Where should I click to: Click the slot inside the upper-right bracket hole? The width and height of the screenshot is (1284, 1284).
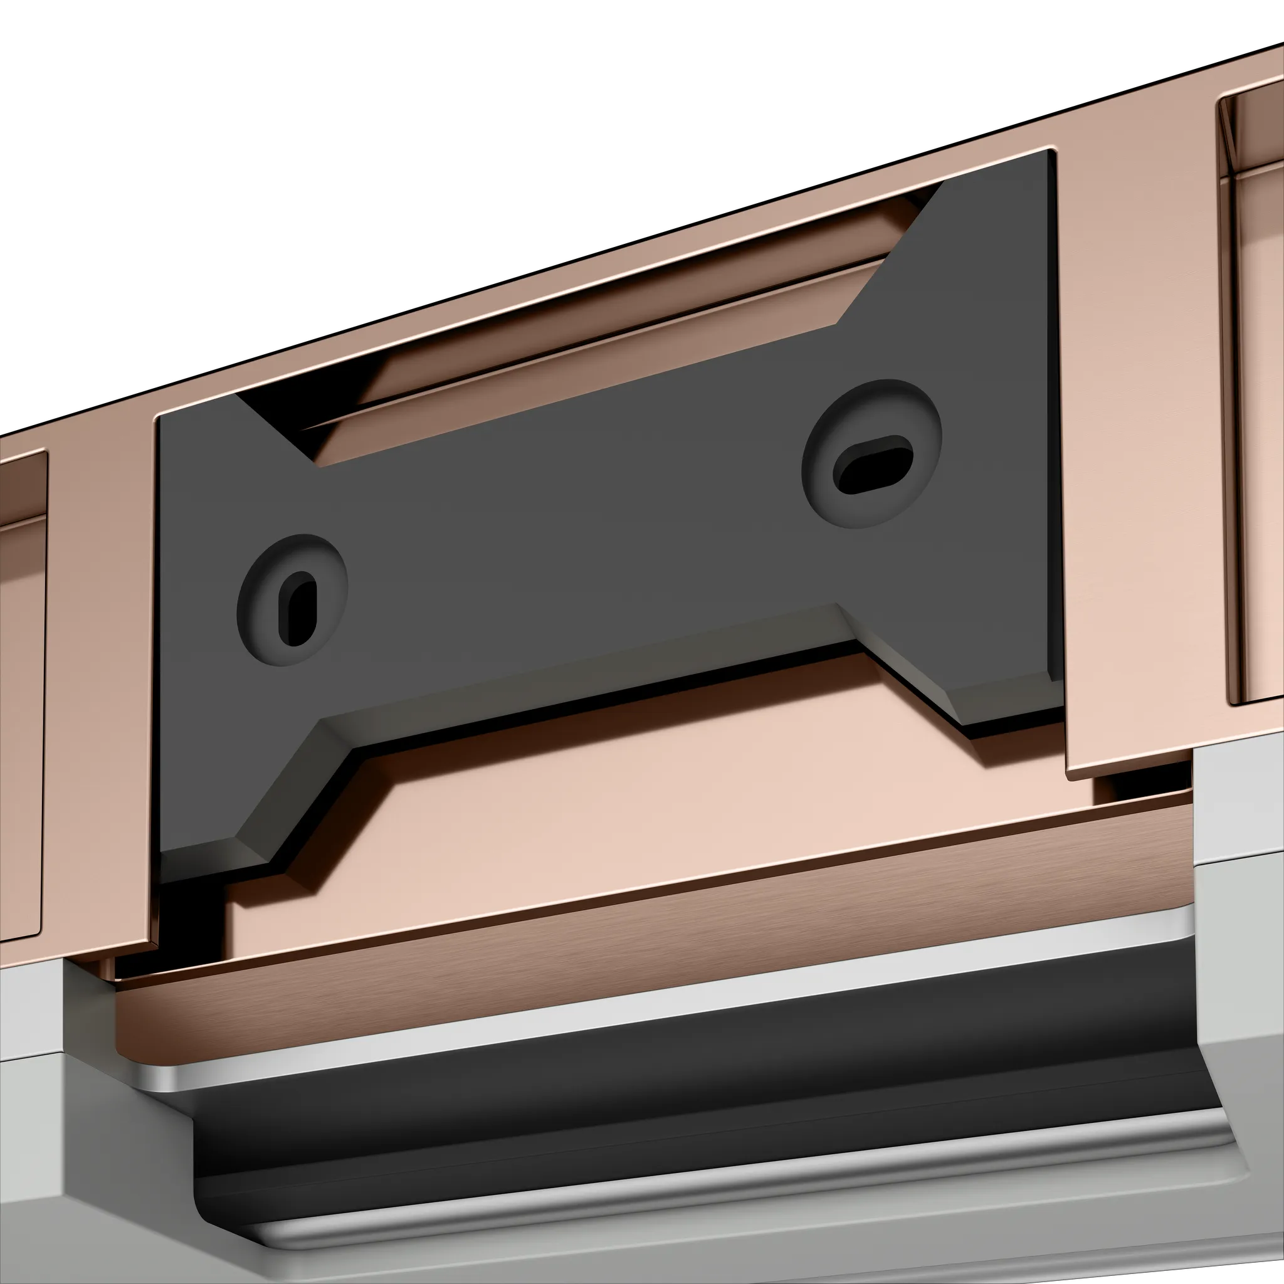click(x=872, y=465)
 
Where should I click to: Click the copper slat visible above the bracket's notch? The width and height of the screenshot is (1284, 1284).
click(x=598, y=345)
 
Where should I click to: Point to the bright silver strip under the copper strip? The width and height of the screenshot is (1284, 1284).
click(x=665, y=984)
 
